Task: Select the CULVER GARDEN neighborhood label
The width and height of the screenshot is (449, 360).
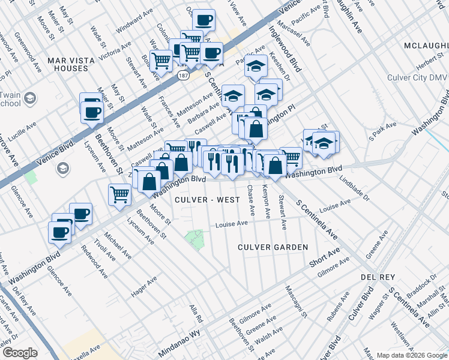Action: (x=273, y=247)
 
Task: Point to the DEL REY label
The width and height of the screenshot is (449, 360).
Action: (x=376, y=277)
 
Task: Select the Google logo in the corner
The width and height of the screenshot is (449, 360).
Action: (x=20, y=353)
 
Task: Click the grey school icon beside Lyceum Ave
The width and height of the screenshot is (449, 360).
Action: (x=62, y=169)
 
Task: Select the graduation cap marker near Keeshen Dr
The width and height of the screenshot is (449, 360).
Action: (x=256, y=67)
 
